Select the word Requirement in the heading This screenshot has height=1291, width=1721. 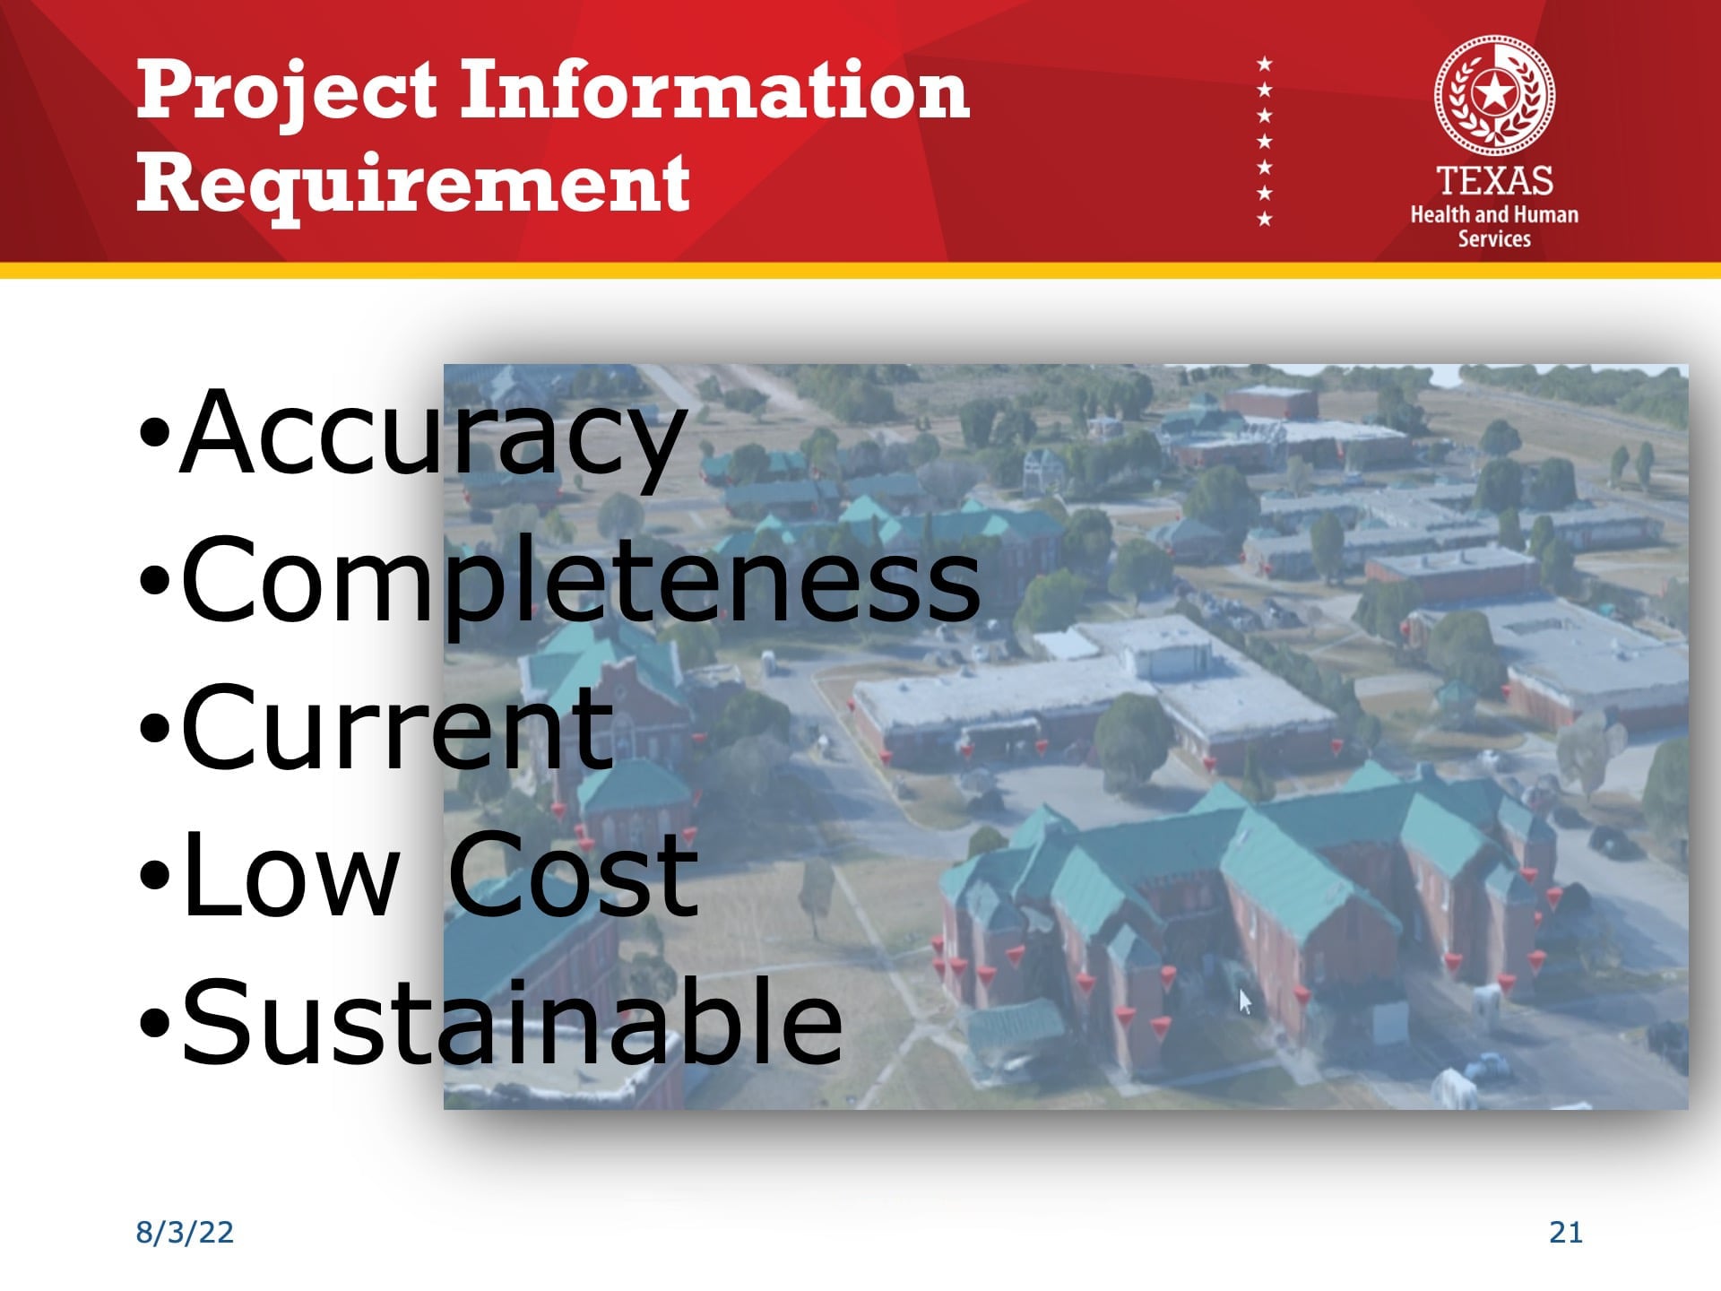(413, 184)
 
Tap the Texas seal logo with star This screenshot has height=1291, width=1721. (1494, 95)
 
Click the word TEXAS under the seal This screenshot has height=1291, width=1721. (1494, 181)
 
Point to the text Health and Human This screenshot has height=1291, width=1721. (1494, 214)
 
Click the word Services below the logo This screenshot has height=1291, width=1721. (1494, 238)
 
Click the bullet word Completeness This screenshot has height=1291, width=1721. (581, 579)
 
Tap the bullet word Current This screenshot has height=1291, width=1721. (398, 727)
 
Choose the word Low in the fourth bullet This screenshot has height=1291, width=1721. (290, 874)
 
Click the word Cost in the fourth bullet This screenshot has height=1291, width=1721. (573, 874)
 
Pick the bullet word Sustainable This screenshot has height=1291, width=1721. (512, 1021)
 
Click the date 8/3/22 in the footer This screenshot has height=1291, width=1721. (185, 1232)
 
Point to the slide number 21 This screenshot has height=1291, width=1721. (1565, 1233)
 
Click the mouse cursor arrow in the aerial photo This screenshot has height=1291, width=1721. (1244, 1001)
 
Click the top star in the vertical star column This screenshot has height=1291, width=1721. (1264, 64)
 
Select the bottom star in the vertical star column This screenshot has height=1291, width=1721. (1264, 219)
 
